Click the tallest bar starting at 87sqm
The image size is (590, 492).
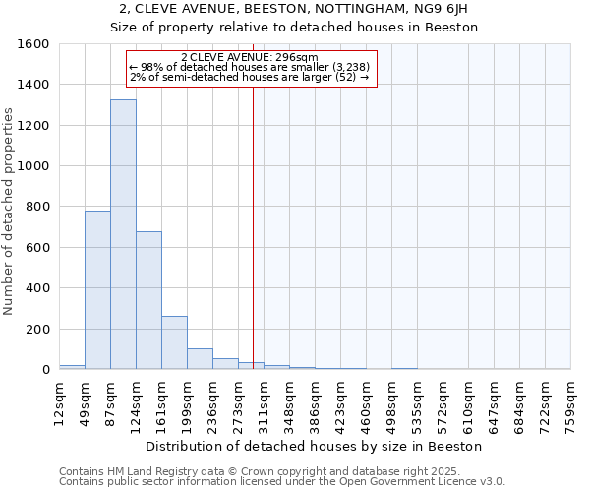click(123, 234)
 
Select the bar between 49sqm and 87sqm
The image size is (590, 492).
click(97, 290)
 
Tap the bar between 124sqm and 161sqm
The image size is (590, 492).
click(148, 300)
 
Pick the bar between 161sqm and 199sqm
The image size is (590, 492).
click(174, 342)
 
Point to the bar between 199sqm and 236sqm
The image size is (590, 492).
click(200, 359)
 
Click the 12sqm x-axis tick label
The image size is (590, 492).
click(59, 403)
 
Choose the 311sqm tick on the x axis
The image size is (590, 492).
click(264, 403)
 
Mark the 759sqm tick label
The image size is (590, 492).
click(570, 403)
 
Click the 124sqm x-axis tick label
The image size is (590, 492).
click(136, 403)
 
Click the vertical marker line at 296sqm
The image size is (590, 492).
click(253, 226)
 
